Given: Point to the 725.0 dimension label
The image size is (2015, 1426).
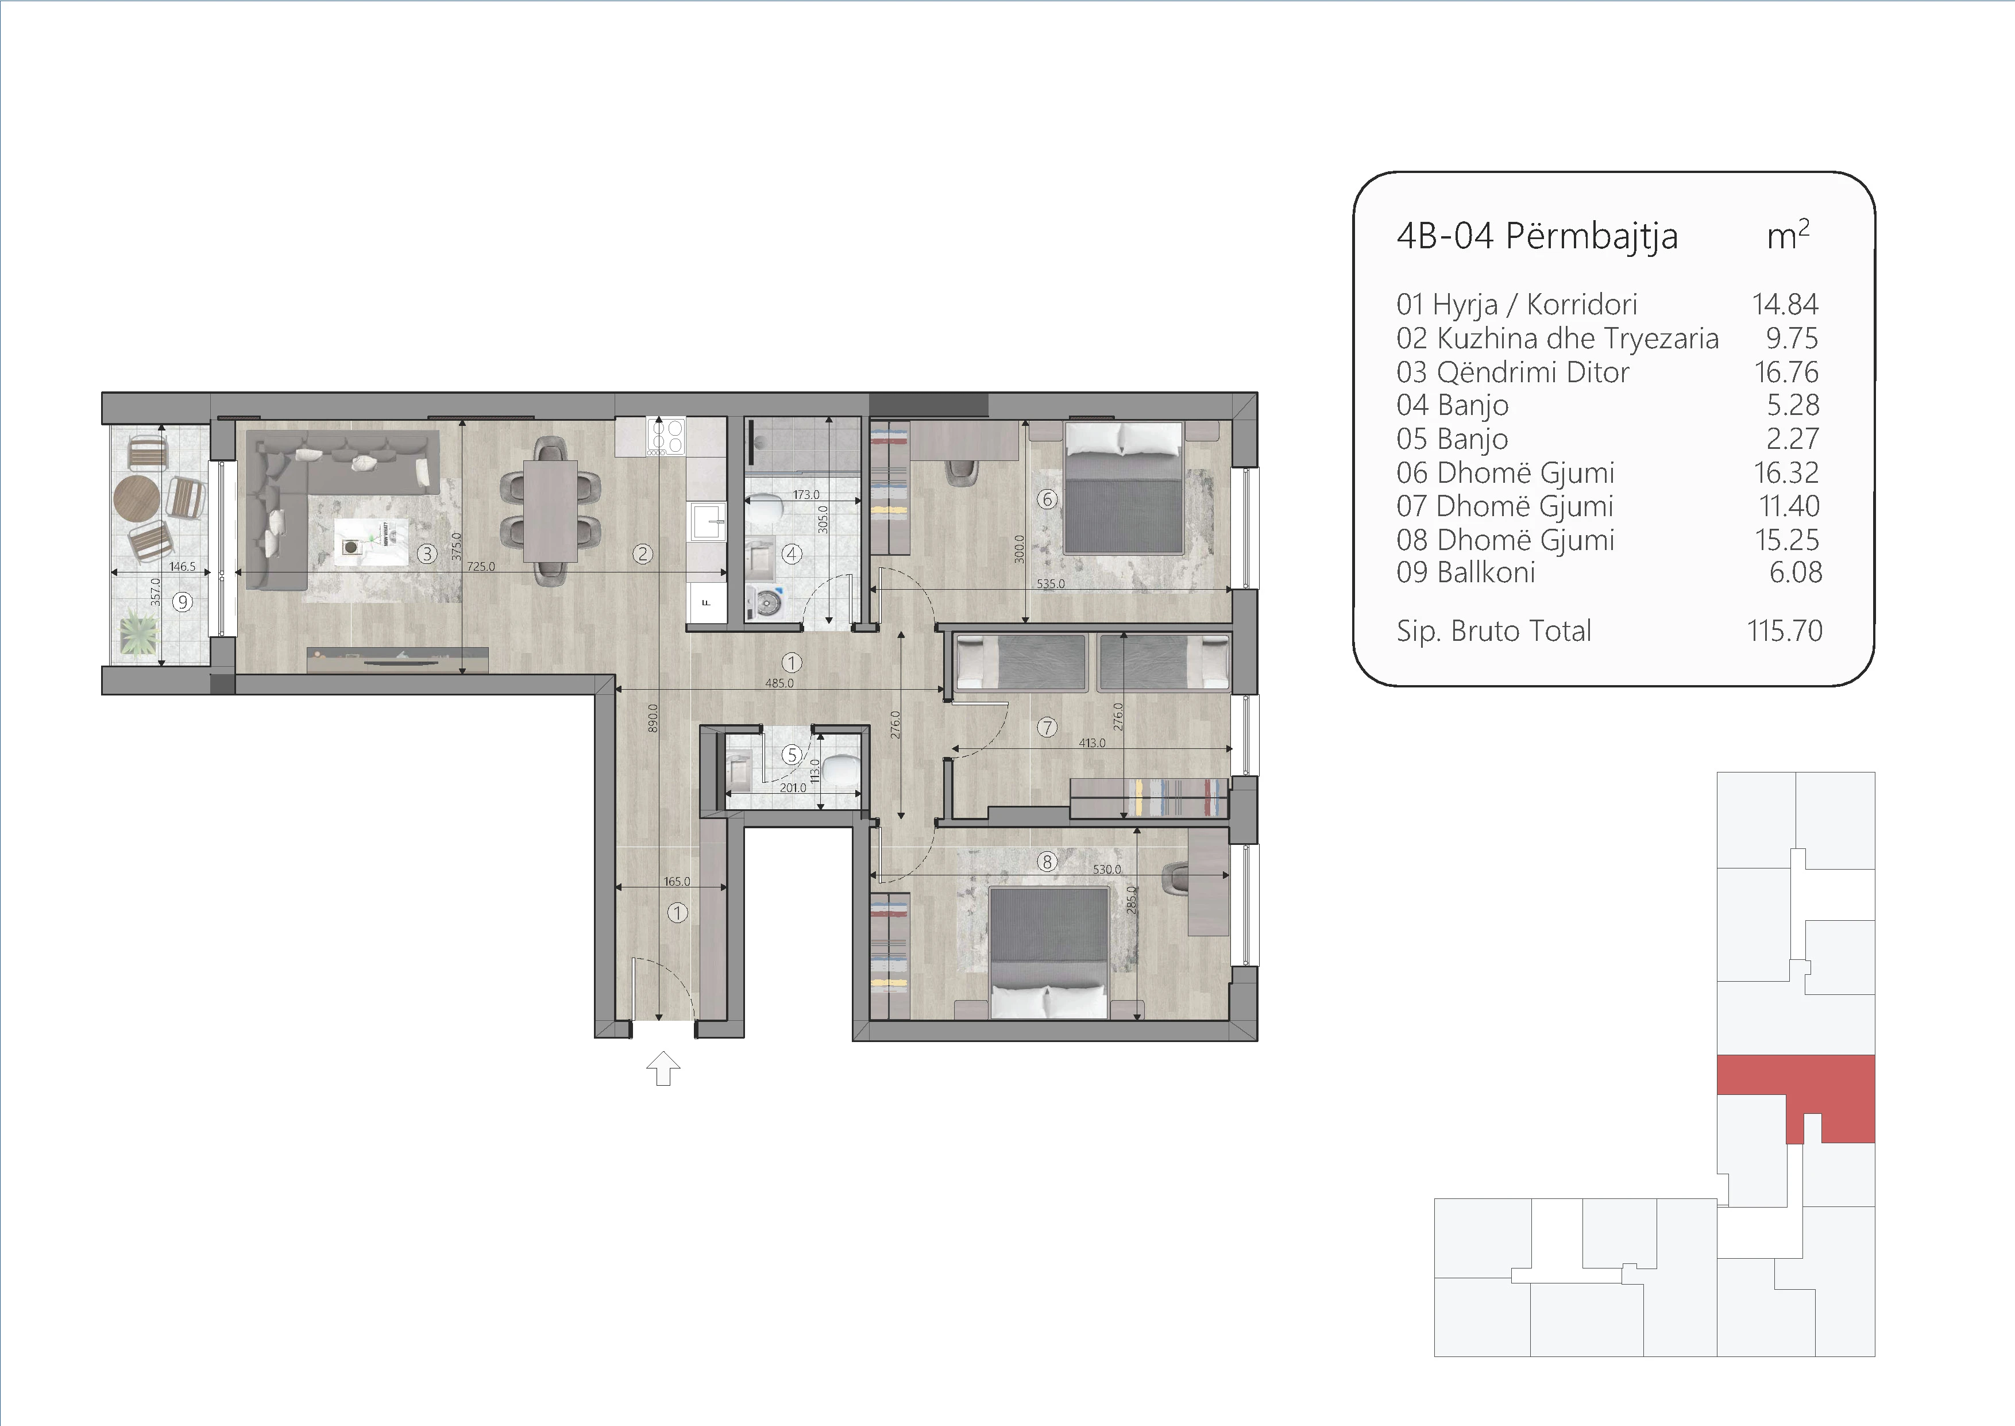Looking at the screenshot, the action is pos(481,566).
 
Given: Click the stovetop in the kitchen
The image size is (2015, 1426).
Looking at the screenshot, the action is pos(665,436).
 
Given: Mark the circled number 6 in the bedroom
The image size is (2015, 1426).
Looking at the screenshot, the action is pos(1047,499).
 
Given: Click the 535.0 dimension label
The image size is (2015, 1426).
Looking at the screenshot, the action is pos(1051,583).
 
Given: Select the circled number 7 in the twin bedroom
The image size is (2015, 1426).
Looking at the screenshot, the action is pos(1047,727).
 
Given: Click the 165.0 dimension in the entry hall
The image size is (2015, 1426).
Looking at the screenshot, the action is pos(677,881).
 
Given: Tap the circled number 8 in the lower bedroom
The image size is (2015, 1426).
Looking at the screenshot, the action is pos(1046,862).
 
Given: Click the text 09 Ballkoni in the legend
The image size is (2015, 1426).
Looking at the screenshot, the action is pos(1466,572).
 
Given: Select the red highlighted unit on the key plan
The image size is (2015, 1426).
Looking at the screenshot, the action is pos(1796,1089).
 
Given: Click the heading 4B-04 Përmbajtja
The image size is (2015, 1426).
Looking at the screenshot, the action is pos(1537,236).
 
